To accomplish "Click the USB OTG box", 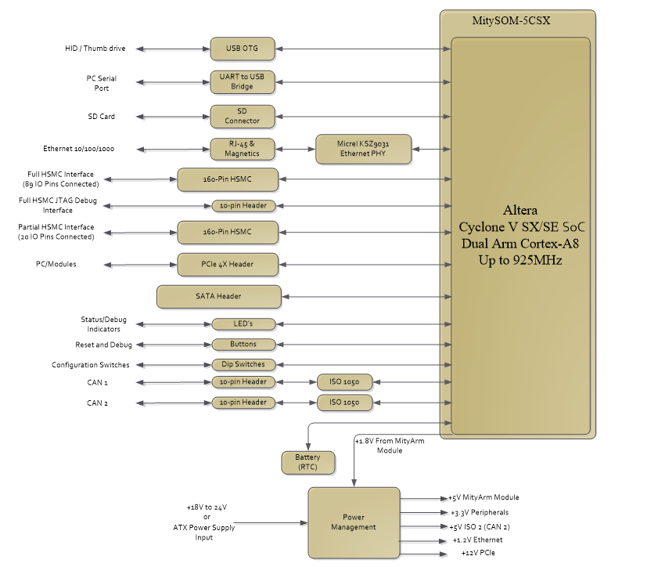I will tap(243, 49).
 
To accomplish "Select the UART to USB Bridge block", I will tap(243, 81).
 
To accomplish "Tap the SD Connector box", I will tap(243, 117).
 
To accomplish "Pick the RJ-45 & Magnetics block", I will tap(243, 149).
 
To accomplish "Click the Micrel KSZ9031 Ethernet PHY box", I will tap(363, 149).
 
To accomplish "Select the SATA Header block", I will tap(219, 296).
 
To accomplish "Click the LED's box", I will tap(244, 324).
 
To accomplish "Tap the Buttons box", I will tap(244, 345).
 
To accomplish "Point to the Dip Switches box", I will tap(244, 365).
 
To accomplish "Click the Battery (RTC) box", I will tap(307, 462).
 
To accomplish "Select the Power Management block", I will tap(354, 522).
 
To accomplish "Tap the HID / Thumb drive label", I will tap(95, 49).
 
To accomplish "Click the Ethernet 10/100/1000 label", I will tap(78, 149).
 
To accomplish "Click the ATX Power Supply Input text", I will tap(204, 533).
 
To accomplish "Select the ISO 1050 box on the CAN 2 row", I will tap(345, 403).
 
